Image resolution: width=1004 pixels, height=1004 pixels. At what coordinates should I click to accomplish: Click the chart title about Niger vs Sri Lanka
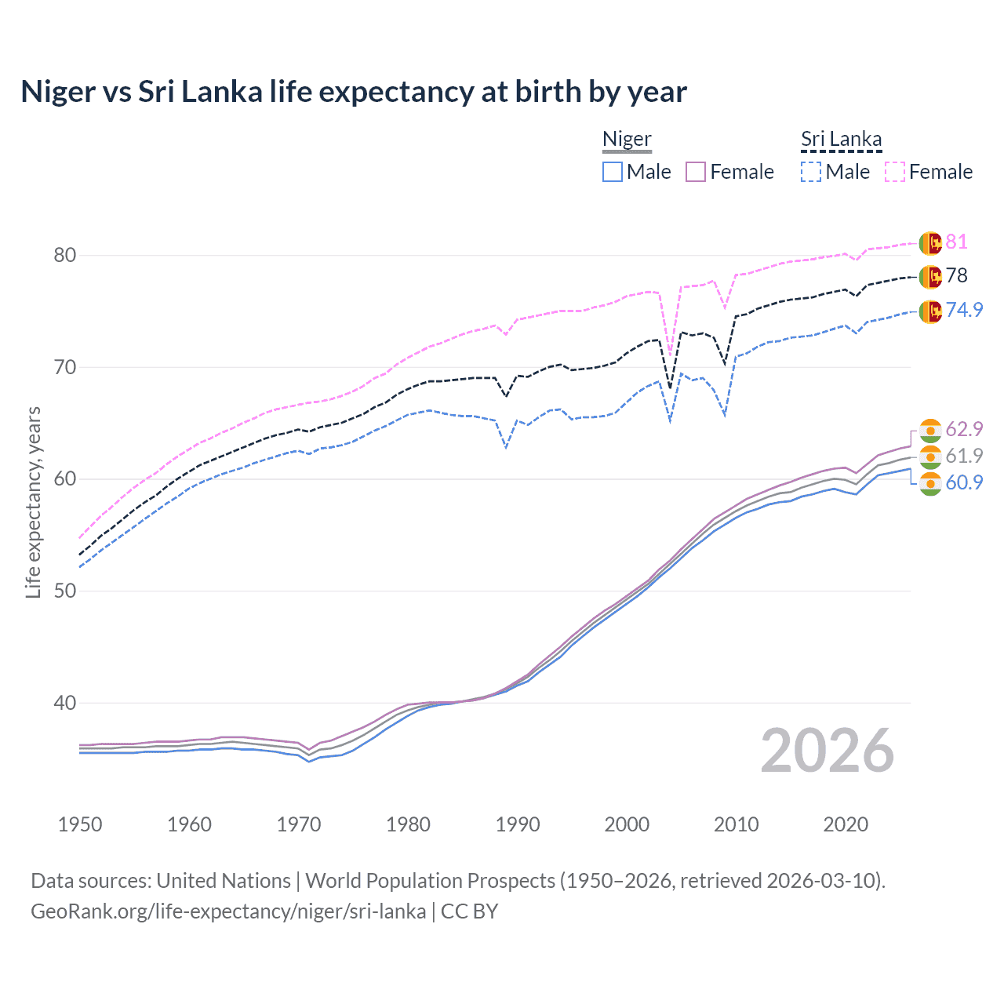(354, 92)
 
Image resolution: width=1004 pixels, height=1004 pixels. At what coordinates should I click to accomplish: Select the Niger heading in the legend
(627, 139)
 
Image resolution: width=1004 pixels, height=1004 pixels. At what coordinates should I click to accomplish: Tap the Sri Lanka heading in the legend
(841, 139)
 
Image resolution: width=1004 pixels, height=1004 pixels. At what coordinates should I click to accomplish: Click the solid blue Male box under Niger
(613, 172)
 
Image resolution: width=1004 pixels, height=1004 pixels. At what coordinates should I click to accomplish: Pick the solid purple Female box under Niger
(696, 172)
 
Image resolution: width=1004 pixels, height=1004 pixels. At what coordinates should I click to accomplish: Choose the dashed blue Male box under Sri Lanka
(811, 172)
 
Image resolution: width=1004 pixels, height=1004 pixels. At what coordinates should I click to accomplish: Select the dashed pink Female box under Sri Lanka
(895, 172)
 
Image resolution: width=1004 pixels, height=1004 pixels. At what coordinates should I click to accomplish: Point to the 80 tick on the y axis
(65, 255)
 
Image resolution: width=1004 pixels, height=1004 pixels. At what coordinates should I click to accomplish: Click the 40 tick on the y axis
(65, 703)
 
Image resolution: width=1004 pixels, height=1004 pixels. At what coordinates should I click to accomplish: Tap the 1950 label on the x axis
(80, 824)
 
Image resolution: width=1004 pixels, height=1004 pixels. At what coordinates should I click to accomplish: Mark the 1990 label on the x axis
(518, 824)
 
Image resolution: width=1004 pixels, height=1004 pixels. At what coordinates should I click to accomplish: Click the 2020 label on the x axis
(846, 824)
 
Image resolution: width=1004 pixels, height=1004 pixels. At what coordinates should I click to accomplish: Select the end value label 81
(956, 242)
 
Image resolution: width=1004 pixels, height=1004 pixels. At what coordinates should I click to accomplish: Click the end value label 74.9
(964, 310)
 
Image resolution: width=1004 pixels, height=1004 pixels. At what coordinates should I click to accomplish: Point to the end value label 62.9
(964, 429)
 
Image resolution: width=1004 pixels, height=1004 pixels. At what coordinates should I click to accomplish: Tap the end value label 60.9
(964, 482)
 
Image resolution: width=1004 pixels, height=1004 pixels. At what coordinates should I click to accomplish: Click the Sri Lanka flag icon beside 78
(930, 276)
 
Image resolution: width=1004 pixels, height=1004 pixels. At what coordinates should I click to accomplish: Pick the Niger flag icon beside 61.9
(930, 457)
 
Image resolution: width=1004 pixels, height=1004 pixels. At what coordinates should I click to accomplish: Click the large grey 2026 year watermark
(827, 751)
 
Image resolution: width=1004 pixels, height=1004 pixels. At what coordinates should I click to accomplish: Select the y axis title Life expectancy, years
(33, 502)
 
